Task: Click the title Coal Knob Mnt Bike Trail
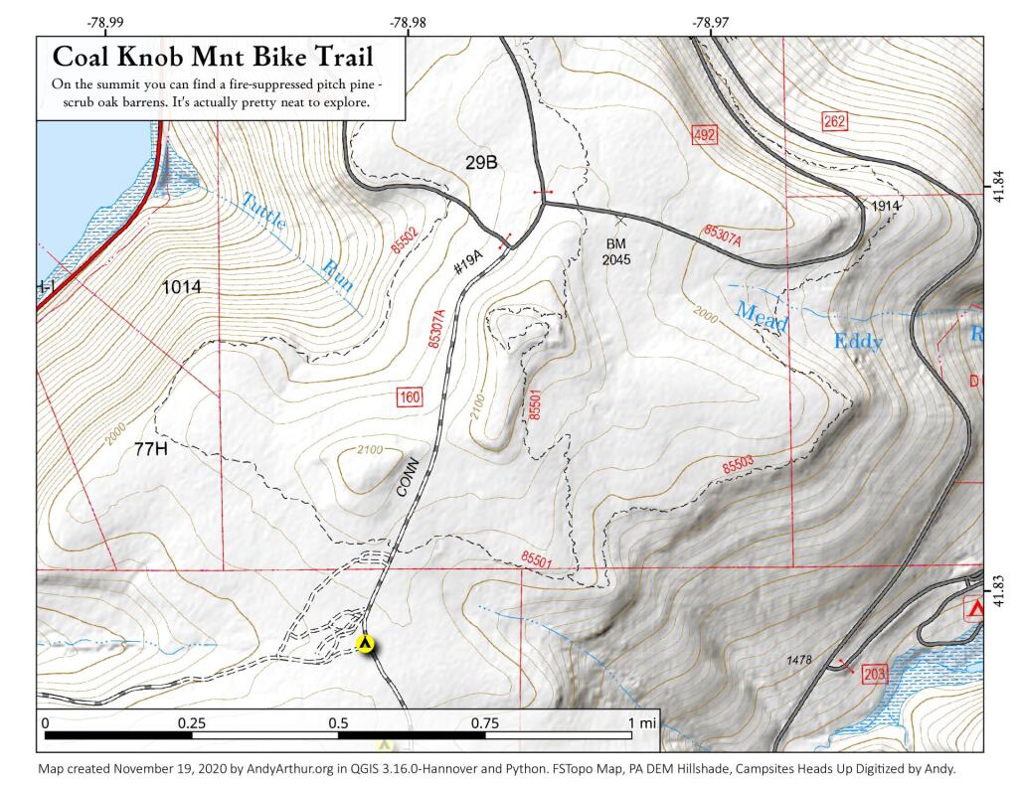click(x=214, y=56)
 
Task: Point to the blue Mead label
click(x=762, y=316)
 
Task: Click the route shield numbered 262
click(x=835, y=122)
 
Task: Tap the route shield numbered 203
click(x=875, y=674)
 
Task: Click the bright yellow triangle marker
click(x=367, y=644)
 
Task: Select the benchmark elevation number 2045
click(x=614, y=259)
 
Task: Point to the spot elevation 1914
click(x=884, y=205)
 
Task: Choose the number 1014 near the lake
click(x=182, y=287)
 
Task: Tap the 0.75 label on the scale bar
click(x=485, y=723)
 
